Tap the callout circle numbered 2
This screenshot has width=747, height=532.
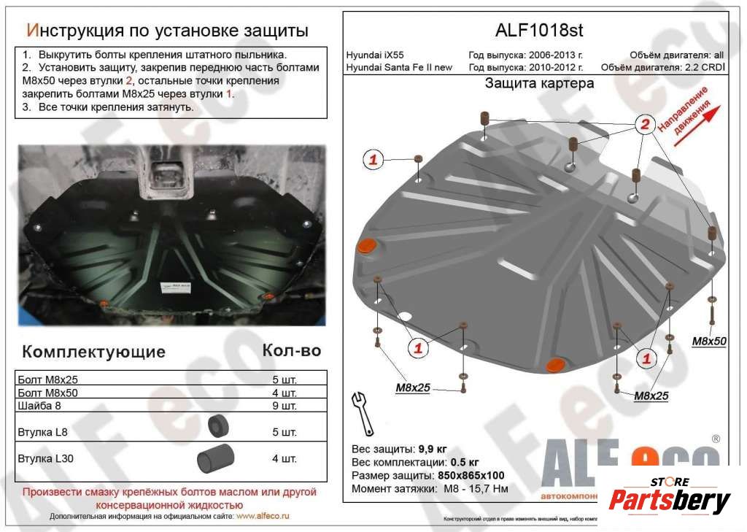[x=644, y=125]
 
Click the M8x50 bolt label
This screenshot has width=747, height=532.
[x=709, y=341]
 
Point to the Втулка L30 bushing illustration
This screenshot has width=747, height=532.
[x=216, y=458]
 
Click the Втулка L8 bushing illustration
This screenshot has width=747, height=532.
[x=218, y=427]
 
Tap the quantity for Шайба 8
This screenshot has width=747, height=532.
[x=284, y=405]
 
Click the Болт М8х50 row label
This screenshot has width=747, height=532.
[x=47, y=393]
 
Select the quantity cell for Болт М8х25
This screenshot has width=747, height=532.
[x=284, y=380]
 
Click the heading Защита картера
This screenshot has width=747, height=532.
[x=539, y=83]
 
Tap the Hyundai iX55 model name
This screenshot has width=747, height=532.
[x=376, y=55]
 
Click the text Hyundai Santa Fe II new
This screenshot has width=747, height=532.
[x=399, y=68]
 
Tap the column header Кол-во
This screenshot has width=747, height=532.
[x=291, y=350]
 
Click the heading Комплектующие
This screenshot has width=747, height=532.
[x=94, y=352]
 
